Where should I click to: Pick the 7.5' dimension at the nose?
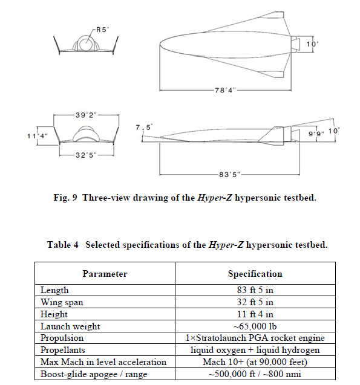(x=145, y=127)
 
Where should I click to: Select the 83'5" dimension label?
(x=229, y=174)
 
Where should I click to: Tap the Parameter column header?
(x=105, y=273)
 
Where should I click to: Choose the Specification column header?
(x=255, y=273)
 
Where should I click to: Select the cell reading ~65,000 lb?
(x=255, y=326)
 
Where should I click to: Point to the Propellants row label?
(x=63, y=351)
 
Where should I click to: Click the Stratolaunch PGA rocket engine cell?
(x=255, y=338)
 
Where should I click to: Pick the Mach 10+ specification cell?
(x=255, y=363)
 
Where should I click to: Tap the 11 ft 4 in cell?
(x=255, y=314)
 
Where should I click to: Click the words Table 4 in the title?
(x=64, y=245)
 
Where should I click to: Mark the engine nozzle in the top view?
(x=296, y=44)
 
